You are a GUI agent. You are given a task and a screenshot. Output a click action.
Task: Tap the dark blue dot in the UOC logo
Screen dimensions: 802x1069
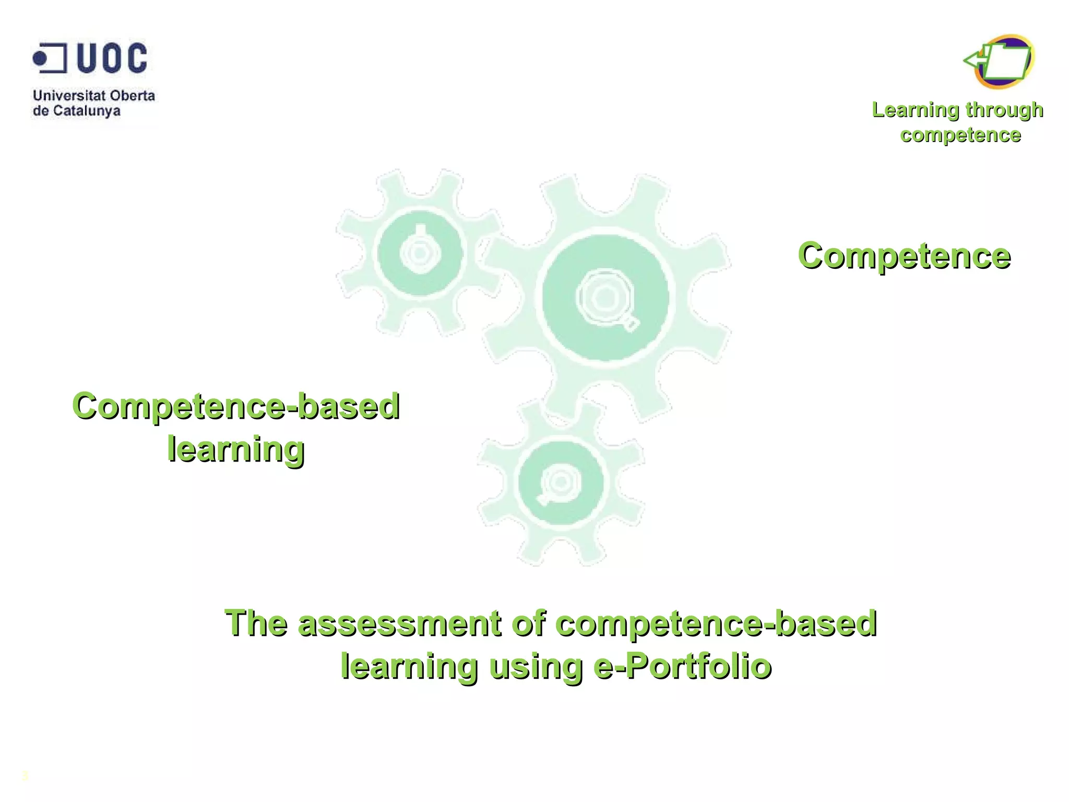[40, 58]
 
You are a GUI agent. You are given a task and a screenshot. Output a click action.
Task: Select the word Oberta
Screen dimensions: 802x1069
[133, 96]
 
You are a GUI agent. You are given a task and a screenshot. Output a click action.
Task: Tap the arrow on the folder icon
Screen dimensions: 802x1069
[974, 61]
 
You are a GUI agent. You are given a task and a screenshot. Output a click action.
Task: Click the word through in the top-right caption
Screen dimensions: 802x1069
[1004, 110]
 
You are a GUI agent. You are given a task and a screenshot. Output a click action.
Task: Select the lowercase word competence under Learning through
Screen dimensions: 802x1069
[960, 135]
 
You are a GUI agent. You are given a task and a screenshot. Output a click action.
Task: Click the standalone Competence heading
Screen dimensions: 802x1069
[904, 256]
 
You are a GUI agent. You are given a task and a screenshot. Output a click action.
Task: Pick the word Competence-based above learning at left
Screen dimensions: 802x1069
[236, 406]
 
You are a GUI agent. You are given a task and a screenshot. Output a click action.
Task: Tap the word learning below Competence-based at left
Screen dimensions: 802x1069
[236, 449]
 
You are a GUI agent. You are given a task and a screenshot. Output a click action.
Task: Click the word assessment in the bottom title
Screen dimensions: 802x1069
[399, 623]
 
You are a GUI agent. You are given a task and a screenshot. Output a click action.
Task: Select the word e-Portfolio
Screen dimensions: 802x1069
[683, 666]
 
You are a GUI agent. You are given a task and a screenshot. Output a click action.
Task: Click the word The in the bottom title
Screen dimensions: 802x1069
[256, 623]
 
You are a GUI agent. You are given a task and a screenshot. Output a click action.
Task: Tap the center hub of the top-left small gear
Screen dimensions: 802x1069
[420, 254]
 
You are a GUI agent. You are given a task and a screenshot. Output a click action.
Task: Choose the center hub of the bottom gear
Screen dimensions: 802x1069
[561, 482]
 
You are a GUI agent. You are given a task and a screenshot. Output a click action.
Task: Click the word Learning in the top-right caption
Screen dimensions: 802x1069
[916, 110]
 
